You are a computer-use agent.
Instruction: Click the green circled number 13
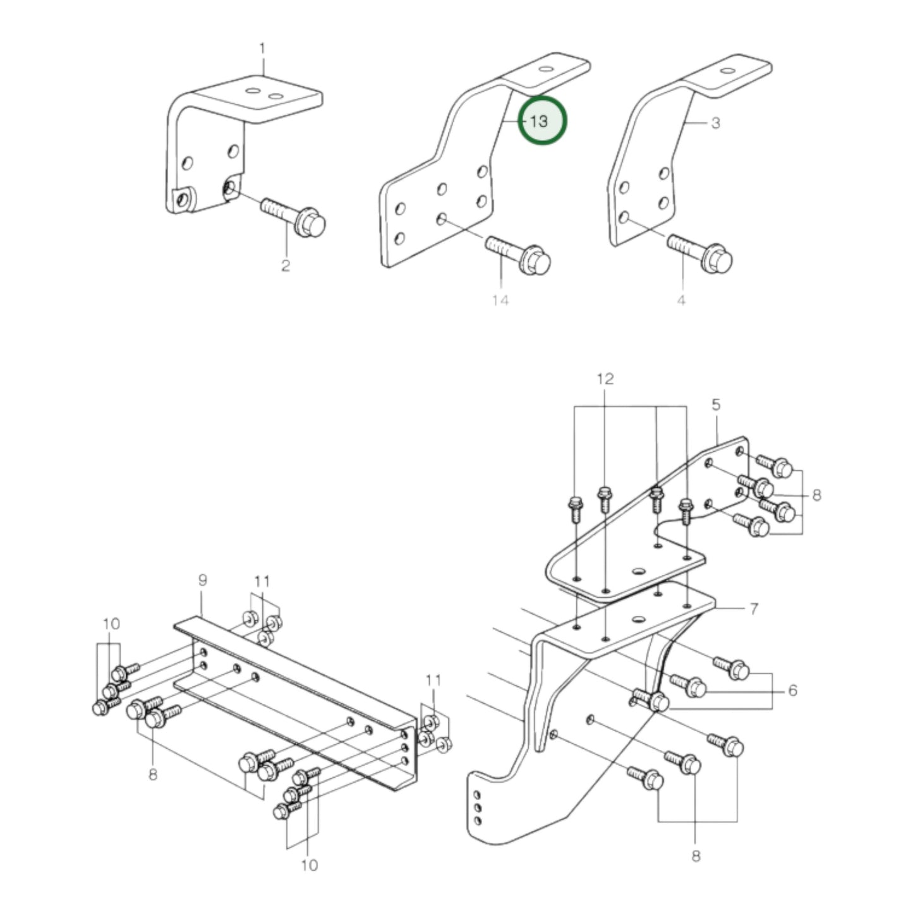[x=542, y=120]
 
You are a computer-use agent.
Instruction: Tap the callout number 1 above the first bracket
[x=262, y=49]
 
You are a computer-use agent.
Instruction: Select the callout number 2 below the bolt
[x=285, y=265]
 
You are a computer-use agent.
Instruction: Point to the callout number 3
[x=715, y=123]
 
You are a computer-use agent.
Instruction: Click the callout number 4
[x=681, y=300]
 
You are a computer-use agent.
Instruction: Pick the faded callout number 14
[x=500, y=300]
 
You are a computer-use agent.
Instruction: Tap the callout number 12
[x=605, y=379]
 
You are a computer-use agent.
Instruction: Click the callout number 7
[x=753, y=609]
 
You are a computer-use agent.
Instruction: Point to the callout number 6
[x=792, y=691]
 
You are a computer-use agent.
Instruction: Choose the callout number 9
[x=202, y=580]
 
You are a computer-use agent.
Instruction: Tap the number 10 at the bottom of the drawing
[x=309, y=865]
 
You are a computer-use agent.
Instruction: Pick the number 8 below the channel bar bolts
[x=153, y=774]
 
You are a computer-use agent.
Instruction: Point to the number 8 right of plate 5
[x=816, y=495]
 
